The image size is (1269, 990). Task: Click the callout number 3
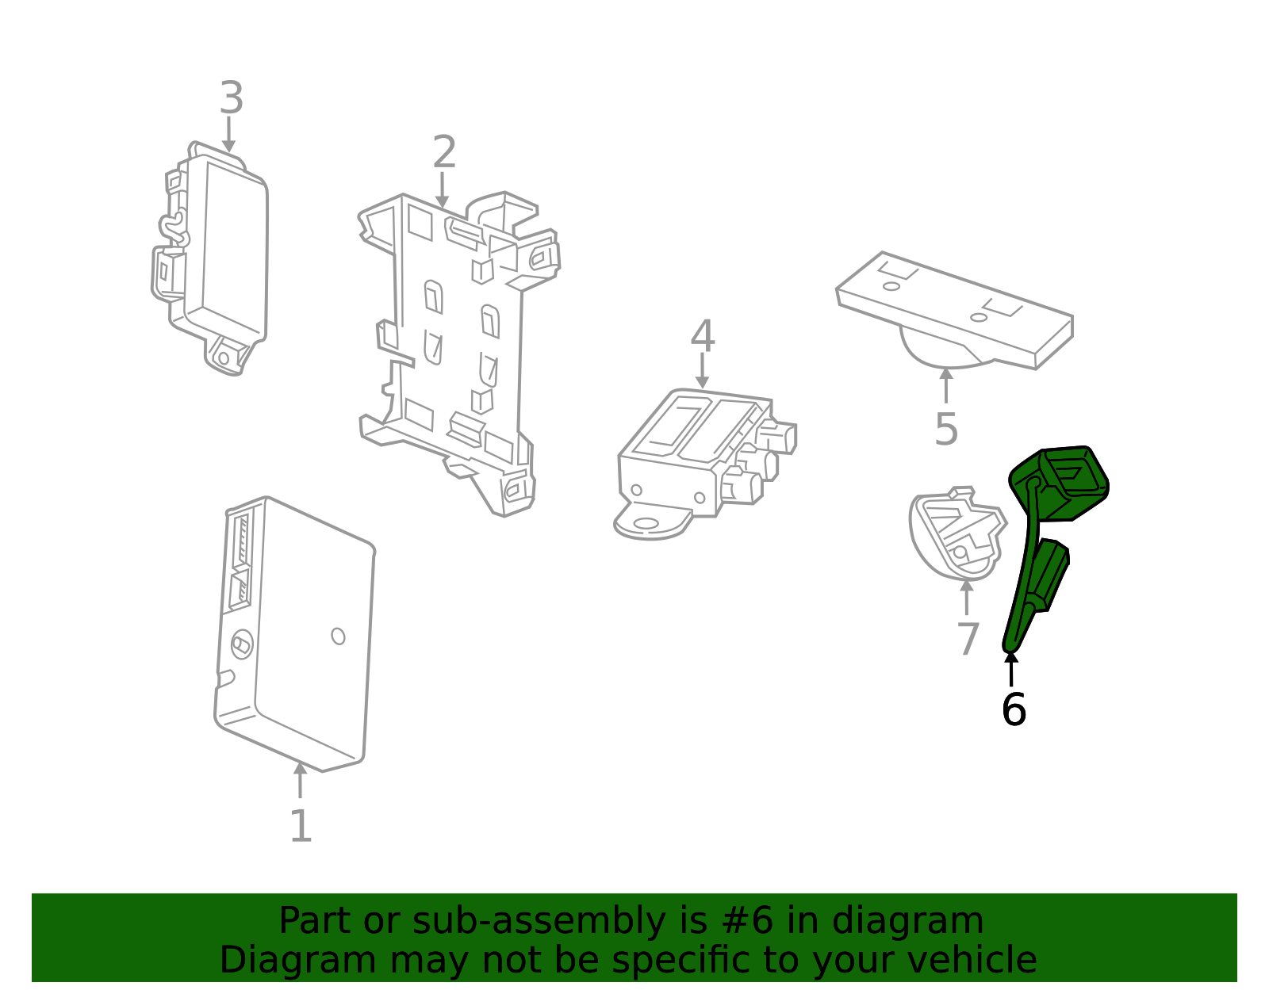click(232, 98)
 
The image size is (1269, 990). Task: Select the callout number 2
click(444, 152)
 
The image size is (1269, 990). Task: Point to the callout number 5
click(946, 429)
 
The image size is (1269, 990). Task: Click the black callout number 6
click(1014, 709)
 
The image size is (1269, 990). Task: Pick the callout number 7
click(968, 639)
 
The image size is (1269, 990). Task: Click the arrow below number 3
click(229, 134)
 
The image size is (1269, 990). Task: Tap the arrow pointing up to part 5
click(946, 385)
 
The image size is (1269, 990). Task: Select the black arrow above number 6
click(1011, 669)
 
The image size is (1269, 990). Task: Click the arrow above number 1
click(300, 780)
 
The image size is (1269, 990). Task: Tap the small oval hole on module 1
click(338, 636)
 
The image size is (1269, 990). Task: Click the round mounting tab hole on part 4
click(646, 523)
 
